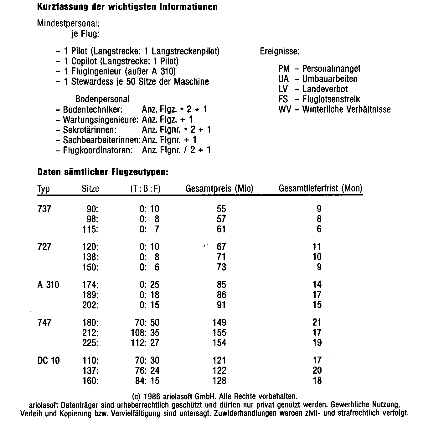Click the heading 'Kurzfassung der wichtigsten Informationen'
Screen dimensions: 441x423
pos(127,7)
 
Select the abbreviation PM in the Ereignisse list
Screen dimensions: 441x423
pos(284,68)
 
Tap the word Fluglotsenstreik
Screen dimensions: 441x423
pos(331,99)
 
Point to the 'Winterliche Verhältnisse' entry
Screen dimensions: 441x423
pos(346,109)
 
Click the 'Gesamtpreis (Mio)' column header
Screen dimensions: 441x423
pos(219,188)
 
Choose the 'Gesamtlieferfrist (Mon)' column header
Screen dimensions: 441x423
pos(320,188)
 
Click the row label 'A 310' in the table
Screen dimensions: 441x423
pos(48,285)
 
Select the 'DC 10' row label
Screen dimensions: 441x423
pos(49,360)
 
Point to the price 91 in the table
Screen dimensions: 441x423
pos(221,305)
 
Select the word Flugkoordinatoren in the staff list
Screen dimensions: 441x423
pos(98,150)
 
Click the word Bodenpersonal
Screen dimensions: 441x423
pos(102,99)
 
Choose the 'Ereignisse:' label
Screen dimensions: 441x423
pos(280,51)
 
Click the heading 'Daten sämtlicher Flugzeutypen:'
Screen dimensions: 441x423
pos(103,172)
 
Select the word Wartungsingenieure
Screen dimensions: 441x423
pos(100,119)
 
